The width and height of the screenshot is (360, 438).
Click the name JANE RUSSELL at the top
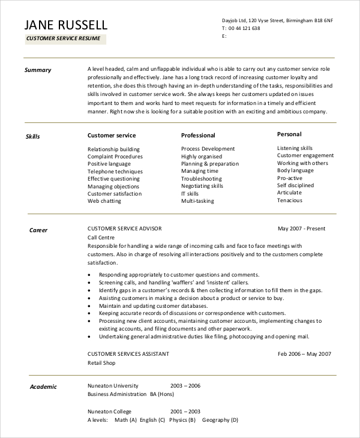click(x=66, y=25)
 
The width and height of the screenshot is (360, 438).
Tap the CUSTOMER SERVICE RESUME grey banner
click(x=65, y=40)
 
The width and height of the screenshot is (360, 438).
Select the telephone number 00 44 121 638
click(x=243, y=28)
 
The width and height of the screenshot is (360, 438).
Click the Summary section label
click(x=38, y=70)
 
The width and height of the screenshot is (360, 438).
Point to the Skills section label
click(x=33, y=137)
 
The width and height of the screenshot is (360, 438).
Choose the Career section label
click(x=38, y=230)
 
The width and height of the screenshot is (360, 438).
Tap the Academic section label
click(x=43, y=387)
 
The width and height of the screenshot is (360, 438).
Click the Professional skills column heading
click(x=198, y=136)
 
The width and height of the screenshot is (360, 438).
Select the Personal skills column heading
click(x=289, y=134)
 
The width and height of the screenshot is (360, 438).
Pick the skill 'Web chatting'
click(x=104, y=201)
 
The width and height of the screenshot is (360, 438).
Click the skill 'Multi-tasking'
click(x=198, y=201)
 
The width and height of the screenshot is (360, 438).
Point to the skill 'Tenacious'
click(x=290, y=200)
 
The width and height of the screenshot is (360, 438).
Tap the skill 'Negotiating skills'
click(x=202, y=186)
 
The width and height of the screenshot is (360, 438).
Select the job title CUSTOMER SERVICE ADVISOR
click(x=124, y=229)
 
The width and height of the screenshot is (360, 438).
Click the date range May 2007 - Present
click(x=302, y=229)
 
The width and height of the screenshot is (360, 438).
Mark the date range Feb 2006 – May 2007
click(x=304, y=354)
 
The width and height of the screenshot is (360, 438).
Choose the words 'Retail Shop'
click(x=101, y=363)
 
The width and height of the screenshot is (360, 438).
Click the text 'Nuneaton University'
click(x=113, y=386)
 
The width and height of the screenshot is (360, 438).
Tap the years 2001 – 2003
click(x=185, y=412)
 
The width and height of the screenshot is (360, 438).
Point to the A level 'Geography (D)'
click(x=220, y=420)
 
